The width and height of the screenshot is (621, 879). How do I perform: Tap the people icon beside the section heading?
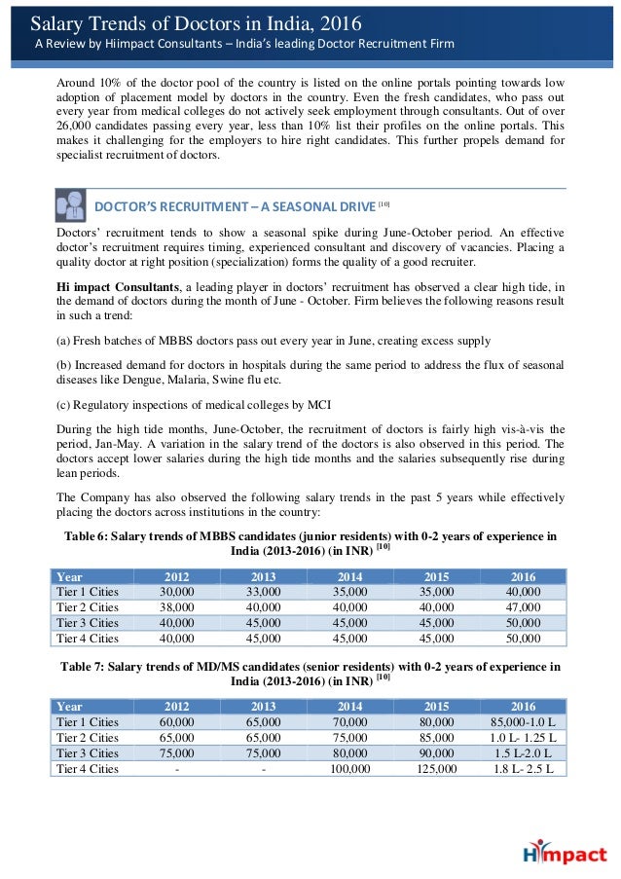(71, 206)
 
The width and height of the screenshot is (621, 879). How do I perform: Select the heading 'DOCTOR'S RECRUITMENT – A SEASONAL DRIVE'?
(235, 206)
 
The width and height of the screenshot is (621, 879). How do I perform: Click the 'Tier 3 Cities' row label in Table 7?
(88, 752)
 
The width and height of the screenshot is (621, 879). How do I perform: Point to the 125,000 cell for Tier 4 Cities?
(437, 768)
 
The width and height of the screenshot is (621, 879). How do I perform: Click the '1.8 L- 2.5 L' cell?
(523, 768)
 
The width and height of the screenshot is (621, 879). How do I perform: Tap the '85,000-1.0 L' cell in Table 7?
(523, 721)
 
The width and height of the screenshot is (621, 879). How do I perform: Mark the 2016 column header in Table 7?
(523, 706)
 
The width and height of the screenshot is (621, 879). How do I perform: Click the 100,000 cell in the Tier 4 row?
(349, 768)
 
